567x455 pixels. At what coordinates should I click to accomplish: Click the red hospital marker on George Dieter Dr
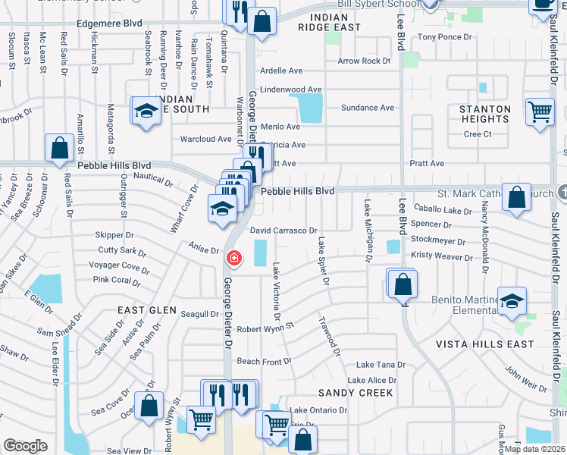[234, 259]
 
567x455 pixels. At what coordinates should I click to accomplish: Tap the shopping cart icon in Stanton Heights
[540, 113]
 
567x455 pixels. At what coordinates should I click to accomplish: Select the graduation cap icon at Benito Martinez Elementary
[512, 301]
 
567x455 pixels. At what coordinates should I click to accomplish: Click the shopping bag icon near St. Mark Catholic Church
[516, 198]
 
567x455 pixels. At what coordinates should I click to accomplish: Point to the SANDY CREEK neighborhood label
[356, 393]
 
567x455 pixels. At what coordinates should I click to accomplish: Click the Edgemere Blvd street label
[110, 23]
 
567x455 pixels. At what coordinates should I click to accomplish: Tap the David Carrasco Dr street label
[283, 229]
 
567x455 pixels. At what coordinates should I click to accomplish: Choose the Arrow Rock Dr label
[364, 61]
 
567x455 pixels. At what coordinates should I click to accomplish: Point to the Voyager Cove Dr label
[119, 266]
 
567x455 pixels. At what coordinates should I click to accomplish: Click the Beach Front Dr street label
[265, 362]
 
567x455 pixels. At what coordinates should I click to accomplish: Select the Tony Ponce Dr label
[445, 36]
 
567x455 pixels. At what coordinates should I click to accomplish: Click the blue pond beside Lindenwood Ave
[310, 107]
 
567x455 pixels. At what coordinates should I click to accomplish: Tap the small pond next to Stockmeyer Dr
[393, 246]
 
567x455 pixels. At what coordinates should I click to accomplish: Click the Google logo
[25, 446]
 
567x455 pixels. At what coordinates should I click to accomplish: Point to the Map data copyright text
[534, 449]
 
